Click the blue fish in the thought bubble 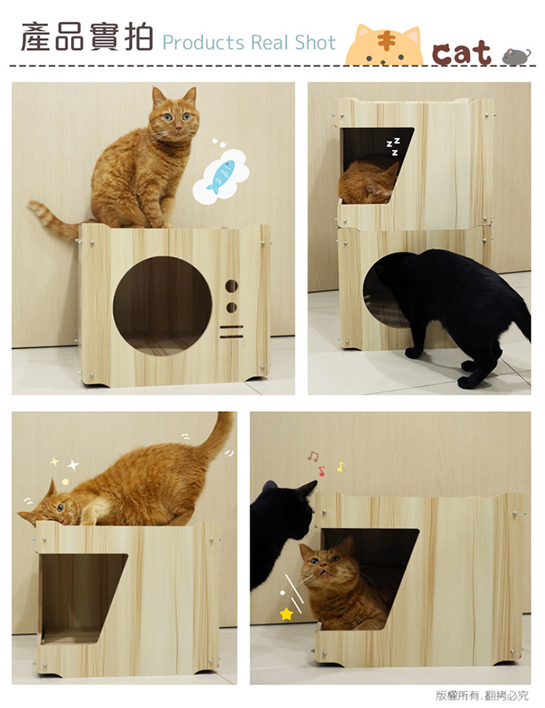[220, 176]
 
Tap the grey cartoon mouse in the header [517, 57]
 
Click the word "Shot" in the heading [315, 43]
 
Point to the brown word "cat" [461, 53]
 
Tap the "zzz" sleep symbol [393, 146]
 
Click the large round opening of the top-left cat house [162, 306]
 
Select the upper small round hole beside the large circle [231, 286]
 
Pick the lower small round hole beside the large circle [231, 308]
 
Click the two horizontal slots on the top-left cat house [231, 332]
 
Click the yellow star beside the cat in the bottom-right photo [287, 614]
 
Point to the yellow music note [340, 467]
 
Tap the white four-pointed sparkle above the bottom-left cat [73, 464]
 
